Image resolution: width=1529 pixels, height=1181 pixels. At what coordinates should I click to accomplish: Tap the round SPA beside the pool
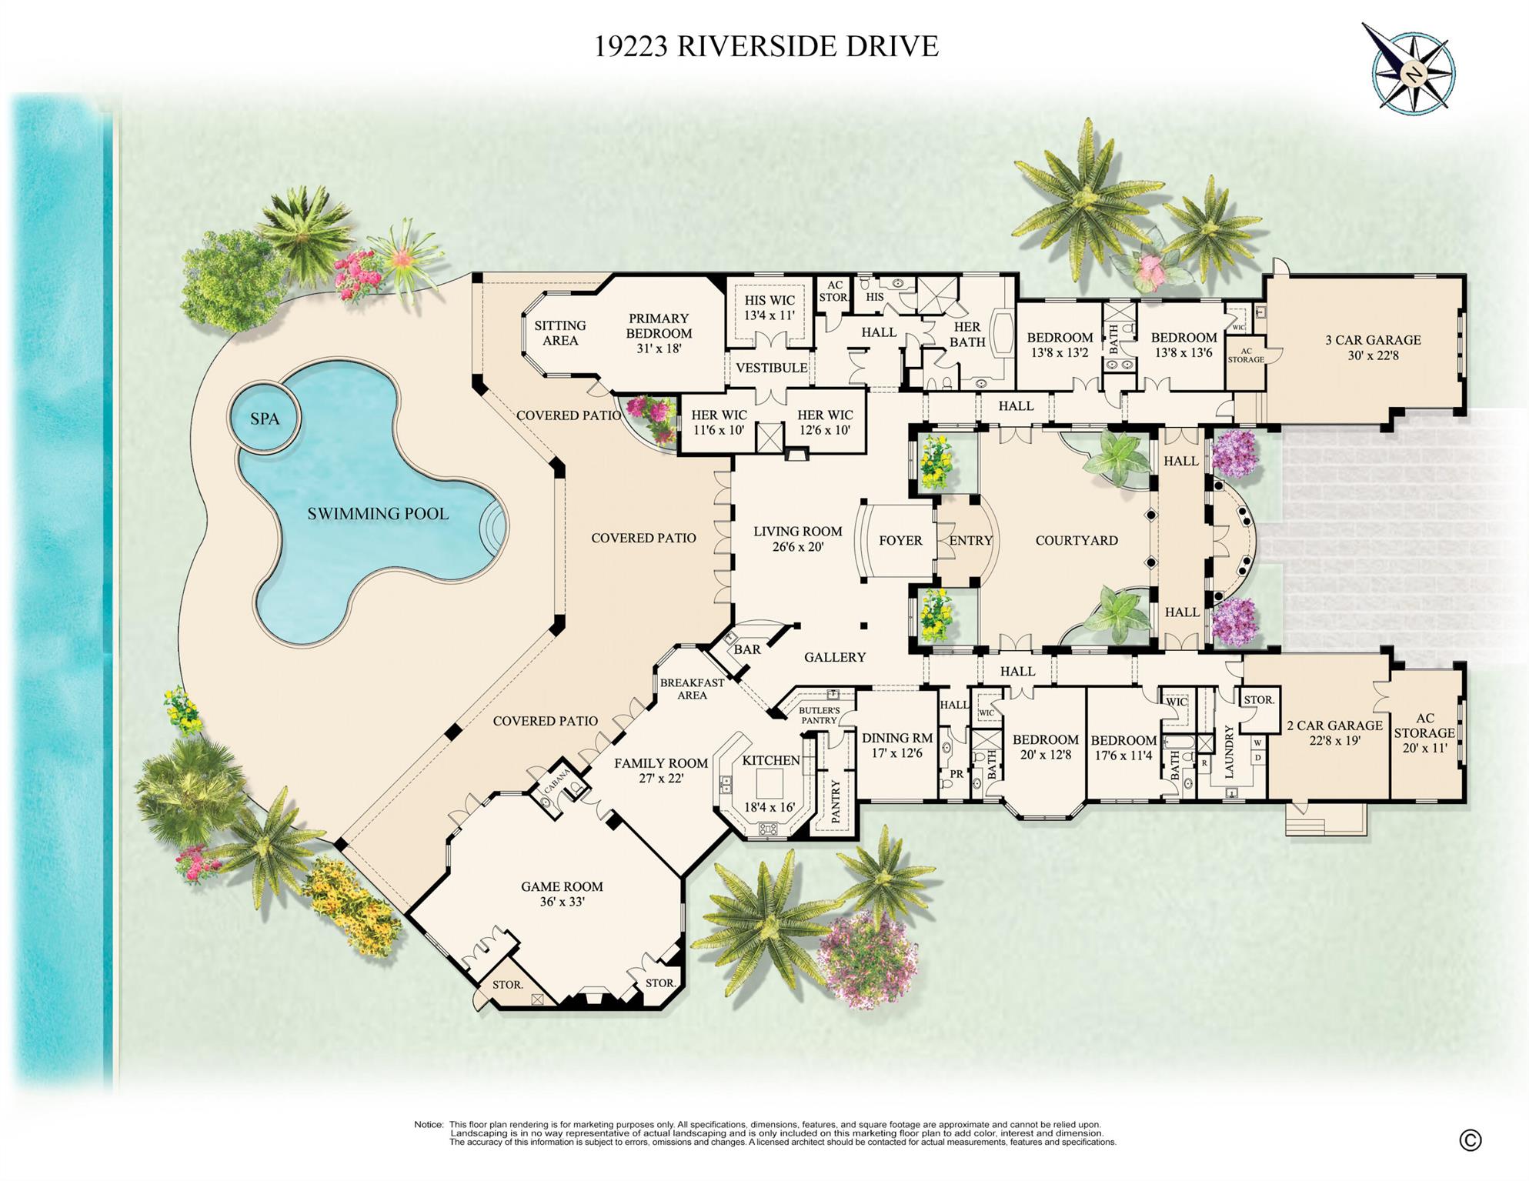coord(264,419)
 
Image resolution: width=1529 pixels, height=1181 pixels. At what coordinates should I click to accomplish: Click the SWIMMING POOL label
coord(378,514)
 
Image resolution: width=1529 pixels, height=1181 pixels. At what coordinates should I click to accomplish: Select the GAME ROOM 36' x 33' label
coord(562,893)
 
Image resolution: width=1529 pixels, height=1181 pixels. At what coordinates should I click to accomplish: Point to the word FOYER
coord(900,541)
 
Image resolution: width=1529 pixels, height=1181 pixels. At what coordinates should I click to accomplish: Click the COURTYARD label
coord(1076,541)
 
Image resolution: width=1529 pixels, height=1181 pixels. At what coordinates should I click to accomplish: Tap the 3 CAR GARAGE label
coord(1373,347)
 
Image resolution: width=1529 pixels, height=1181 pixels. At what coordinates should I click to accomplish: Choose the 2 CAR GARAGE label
coord(1334,732)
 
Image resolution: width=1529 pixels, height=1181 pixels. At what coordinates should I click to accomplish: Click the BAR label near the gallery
coord(746,649)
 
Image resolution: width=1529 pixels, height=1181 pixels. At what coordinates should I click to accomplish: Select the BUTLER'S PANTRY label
coord(818,716)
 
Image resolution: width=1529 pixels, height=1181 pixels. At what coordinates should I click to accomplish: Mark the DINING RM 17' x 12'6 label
coord(897,745)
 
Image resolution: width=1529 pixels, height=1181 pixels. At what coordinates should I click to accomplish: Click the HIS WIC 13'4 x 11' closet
coord(770,308)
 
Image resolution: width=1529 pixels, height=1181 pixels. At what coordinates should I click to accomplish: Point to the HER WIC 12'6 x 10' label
coord(825,422)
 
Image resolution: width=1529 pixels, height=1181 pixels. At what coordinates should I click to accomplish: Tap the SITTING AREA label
coord(560,333)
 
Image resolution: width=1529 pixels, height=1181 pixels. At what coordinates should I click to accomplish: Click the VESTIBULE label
coord(771,368)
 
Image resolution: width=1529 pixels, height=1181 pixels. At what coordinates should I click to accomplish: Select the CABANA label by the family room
coord(557,780)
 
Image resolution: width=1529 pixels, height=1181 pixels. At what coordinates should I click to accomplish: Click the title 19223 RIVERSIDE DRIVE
coord(766,46)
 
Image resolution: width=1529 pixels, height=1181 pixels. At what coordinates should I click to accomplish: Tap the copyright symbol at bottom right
coord(1470,1140)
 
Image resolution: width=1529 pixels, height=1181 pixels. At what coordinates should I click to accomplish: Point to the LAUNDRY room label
coord(1229,751)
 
